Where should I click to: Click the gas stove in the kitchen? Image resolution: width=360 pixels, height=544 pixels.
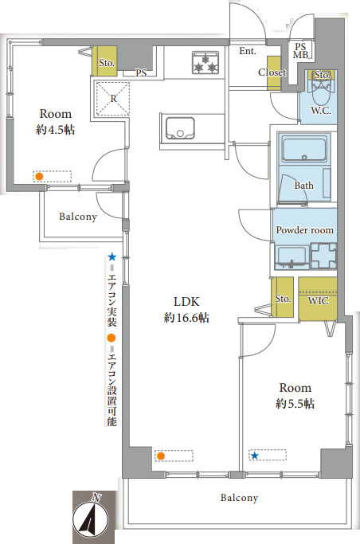click(x=205, y=62)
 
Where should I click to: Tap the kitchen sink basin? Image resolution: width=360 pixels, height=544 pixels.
click(x=180, y=128)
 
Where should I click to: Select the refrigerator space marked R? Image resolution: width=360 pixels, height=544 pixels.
click(x=113, y=99)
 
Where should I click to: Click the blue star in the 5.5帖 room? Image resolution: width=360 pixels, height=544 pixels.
click(x=255, y=455)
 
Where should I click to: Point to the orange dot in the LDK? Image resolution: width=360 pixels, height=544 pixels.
click(x=160, y=456)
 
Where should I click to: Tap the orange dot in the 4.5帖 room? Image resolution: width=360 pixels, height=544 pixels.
click(x=39, y=176)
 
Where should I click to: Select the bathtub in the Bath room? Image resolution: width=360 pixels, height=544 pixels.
click(x=304, y=149)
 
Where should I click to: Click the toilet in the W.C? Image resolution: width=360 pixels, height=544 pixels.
click(x=322, y=92)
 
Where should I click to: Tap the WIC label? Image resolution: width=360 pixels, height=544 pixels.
click(x=318, y=300)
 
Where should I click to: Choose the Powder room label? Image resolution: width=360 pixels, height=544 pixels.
click(x=304, y=229)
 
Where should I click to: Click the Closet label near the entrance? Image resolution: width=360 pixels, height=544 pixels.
click(x=272, y=72)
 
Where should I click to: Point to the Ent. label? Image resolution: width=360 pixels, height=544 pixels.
click(x=247, y=51)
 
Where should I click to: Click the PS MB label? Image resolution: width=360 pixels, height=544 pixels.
click(x=301, y=51)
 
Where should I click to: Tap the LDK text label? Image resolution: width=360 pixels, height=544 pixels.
click(x=186, y=302)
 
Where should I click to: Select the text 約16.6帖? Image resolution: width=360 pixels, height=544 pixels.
click(x=186, y=318)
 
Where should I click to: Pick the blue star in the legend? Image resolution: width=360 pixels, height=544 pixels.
click(x=112, y=257)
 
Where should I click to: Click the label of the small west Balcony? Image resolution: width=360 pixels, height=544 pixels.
click(x=78, y=217)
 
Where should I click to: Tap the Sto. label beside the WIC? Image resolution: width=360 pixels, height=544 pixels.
click(x=283, y=299)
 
